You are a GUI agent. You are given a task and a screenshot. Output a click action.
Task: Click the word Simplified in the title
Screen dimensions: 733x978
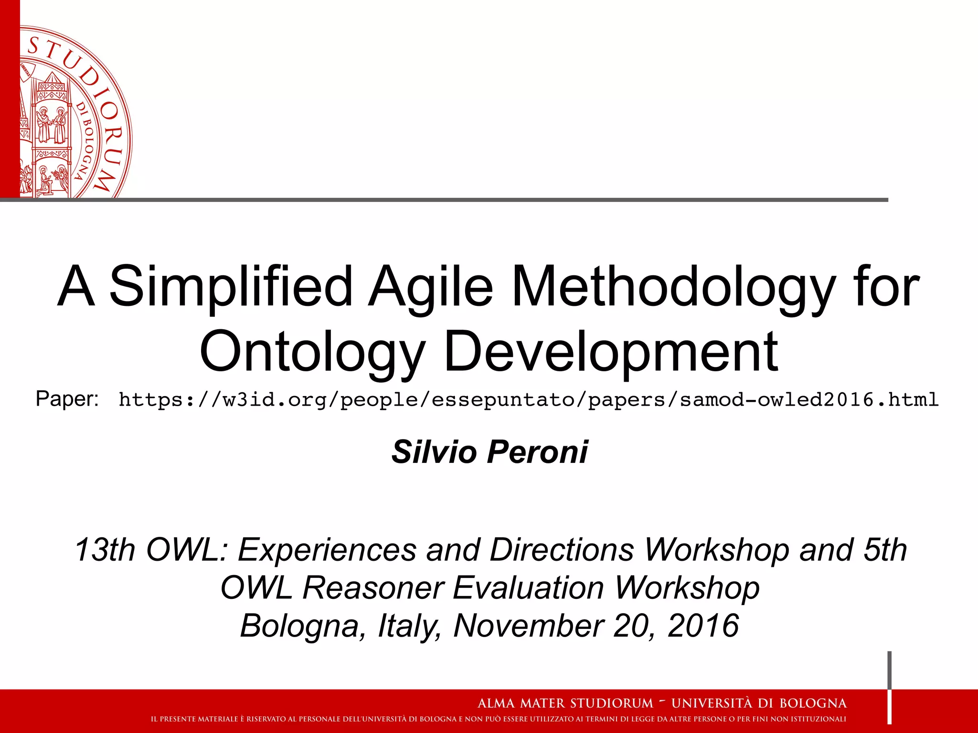tap(231, 287)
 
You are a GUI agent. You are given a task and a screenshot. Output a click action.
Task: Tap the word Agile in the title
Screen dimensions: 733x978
tap(431, 287)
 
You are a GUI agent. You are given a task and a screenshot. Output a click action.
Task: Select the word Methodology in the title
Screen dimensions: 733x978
tap(674, 287)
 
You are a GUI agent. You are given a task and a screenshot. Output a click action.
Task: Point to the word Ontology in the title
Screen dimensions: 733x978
tap(313, 352)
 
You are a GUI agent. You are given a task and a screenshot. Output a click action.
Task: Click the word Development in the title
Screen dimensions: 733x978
tap(611, 352)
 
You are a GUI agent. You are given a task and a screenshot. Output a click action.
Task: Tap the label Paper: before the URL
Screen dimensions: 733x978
tap(67, 398)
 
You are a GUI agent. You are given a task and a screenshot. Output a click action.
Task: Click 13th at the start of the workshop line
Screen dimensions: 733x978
tap(105, 550)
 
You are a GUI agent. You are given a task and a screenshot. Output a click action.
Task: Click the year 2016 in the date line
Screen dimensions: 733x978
tap(703, 626)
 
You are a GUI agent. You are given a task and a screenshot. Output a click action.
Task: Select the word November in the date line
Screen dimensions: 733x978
tap(528, 626)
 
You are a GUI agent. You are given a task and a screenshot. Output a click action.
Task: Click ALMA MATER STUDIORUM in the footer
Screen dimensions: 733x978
tap(565, 703)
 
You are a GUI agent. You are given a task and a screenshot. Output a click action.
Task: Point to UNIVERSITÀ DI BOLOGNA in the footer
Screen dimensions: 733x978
tap(759, 703)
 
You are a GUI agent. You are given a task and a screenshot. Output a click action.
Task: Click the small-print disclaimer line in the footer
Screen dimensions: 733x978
tap(498, 719)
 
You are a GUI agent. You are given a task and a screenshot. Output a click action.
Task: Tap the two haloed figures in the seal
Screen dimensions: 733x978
tap(52, 125)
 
